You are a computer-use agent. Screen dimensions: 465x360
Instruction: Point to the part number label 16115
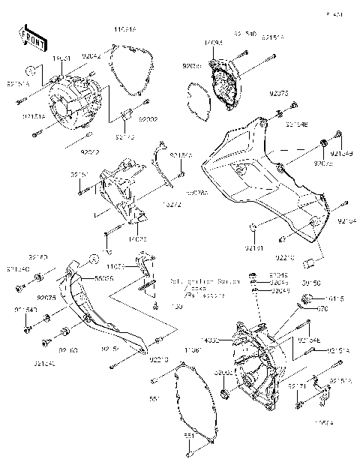pyautogui.click(x=333, y=298)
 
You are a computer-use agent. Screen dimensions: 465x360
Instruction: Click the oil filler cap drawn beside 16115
pyautogui.click(x=306, y=299)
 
